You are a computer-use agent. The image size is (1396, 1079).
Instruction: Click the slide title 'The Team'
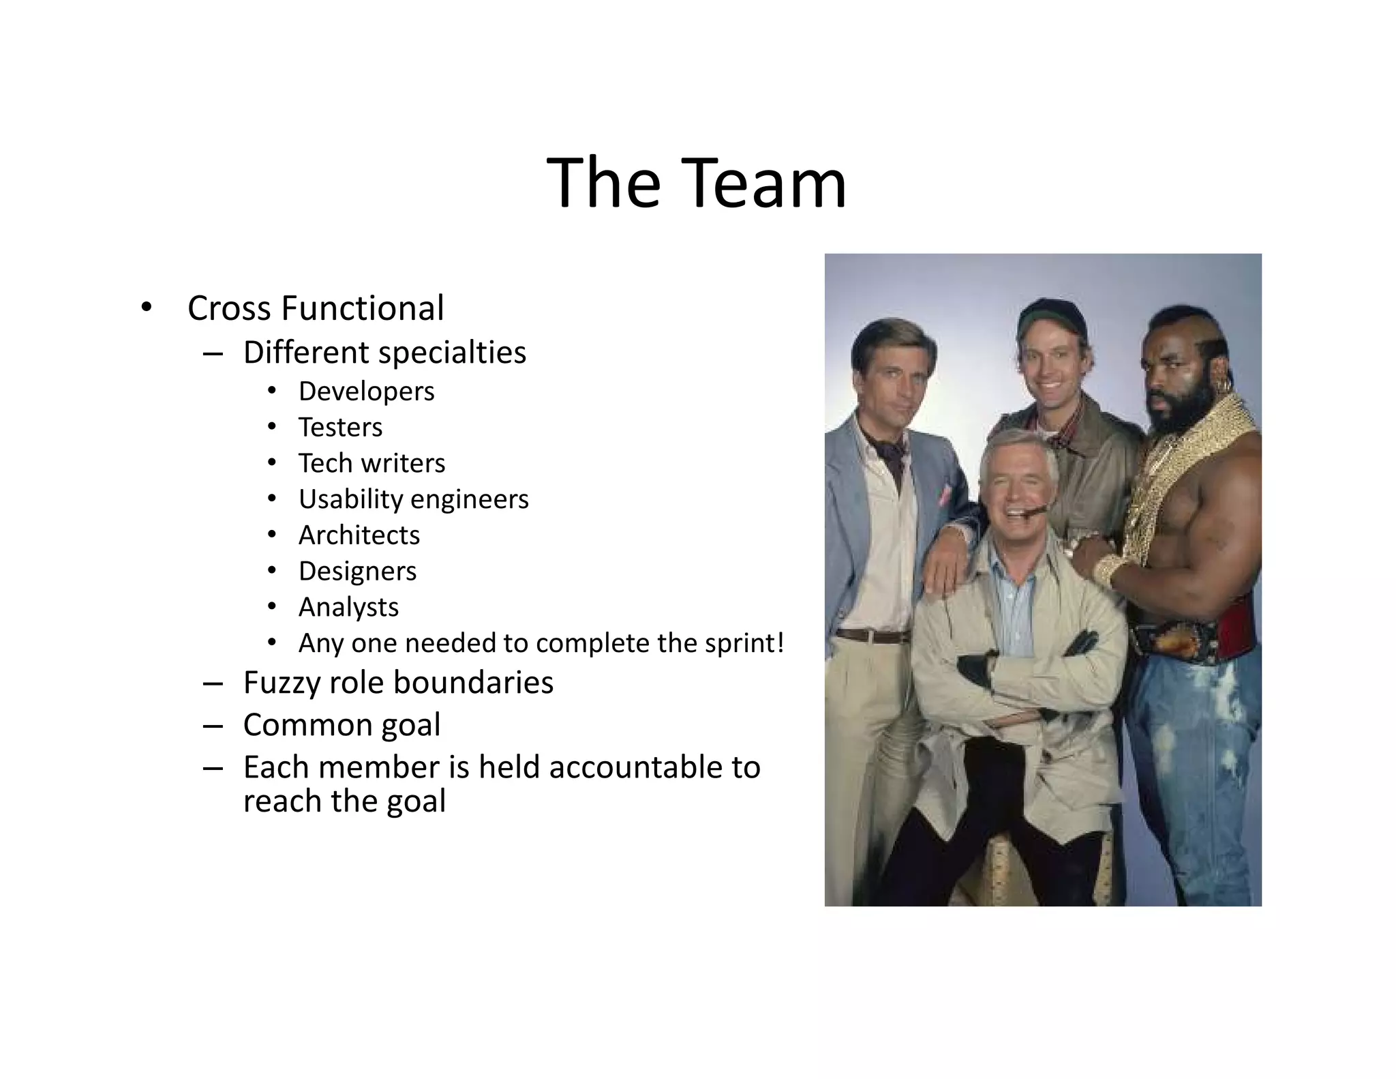696,183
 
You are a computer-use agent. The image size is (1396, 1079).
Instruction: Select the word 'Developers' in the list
366,391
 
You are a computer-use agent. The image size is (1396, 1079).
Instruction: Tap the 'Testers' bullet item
340,428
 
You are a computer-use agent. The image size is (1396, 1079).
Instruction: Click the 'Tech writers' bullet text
371,464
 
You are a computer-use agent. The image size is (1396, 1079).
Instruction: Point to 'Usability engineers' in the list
413,499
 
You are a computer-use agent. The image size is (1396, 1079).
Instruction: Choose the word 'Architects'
359,535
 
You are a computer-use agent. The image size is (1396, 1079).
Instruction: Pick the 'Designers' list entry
357,572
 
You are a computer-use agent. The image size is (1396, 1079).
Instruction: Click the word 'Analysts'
348,607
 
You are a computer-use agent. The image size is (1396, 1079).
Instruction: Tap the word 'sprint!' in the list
744,643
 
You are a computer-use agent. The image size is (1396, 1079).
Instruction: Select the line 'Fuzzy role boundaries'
398,683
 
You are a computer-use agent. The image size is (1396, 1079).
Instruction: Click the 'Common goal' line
342,725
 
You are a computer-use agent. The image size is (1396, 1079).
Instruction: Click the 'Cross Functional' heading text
316,308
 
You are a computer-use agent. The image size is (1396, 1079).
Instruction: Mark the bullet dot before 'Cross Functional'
145,308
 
